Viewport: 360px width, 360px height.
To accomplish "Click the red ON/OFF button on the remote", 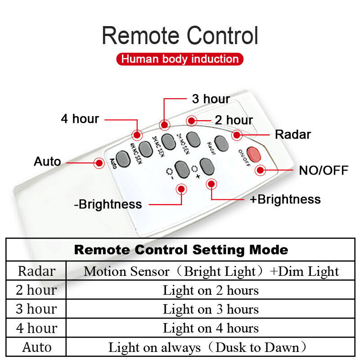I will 254,155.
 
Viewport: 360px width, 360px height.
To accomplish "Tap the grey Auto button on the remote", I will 122,157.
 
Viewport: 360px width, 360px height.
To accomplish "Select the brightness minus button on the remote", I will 182,169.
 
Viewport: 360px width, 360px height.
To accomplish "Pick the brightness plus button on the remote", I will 206,166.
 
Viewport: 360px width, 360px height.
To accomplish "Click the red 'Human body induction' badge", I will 180,59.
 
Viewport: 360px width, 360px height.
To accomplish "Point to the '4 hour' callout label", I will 80,119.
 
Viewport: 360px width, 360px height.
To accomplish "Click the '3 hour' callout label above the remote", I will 211,99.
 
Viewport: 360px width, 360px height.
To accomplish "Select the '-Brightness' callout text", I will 108,204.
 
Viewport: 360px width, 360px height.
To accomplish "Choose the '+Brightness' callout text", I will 285,199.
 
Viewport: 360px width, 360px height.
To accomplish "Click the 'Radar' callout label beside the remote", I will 293,134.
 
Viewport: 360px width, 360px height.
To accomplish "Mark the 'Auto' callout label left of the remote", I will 47,162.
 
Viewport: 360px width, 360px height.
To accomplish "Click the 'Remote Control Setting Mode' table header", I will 181,250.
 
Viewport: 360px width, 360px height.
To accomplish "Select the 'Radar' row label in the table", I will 36,271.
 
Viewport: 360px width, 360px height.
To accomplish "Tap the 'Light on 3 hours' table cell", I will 211,310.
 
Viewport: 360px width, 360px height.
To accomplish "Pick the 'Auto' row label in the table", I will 36,347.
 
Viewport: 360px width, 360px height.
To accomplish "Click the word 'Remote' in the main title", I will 141,36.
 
